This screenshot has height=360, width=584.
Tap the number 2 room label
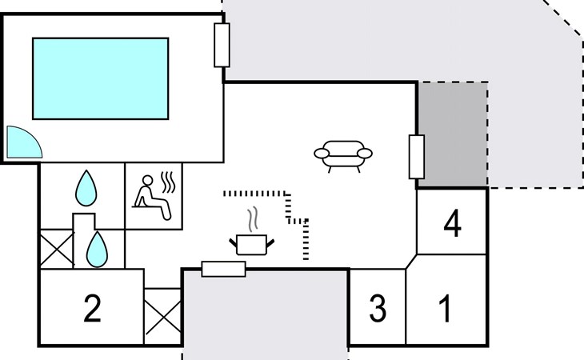(93, 309)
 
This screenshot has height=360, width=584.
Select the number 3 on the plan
(378, 309)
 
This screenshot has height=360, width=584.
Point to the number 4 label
(452, 225)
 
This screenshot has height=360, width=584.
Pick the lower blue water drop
(97, 249)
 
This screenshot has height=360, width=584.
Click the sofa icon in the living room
(343, 154)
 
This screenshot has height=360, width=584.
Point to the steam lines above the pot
(253, 218)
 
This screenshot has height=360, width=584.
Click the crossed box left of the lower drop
(55, 249)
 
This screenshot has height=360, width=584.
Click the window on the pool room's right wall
(222, 45)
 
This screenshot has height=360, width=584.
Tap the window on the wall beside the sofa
(416, 157)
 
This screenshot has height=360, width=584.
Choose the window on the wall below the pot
(223, 269)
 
